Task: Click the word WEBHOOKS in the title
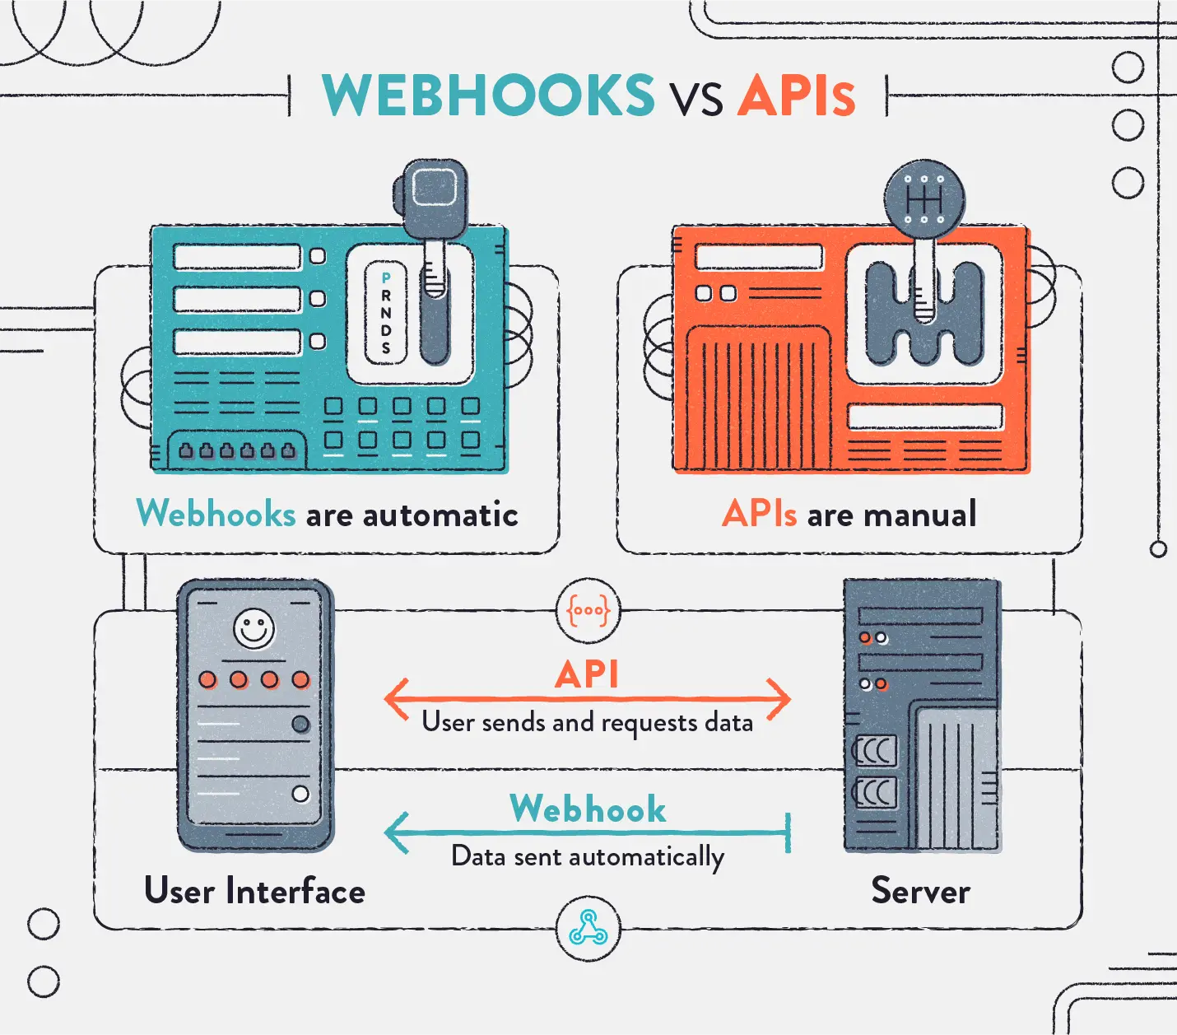tap(489, 95)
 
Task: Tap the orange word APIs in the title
tap(797, 95)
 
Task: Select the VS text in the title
tap(696, 100)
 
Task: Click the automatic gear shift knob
tap(432, 198)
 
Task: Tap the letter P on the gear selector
tap(386, 278)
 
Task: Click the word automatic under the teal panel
tap(440, 515)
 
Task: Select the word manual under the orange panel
tap(920, 515)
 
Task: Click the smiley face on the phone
tap(254, 629)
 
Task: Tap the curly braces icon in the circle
tap(588, 611)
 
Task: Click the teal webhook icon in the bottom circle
tap(588, 927)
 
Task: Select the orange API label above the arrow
tap(587, 674)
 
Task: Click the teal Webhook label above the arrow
tap(588, 809)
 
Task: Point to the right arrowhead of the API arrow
tap(779, 698)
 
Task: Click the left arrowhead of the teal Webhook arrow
tap(396, 832)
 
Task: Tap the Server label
tap(920, 891)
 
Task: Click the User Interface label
tap(254, 891)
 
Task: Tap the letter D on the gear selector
tap(386, 330)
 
